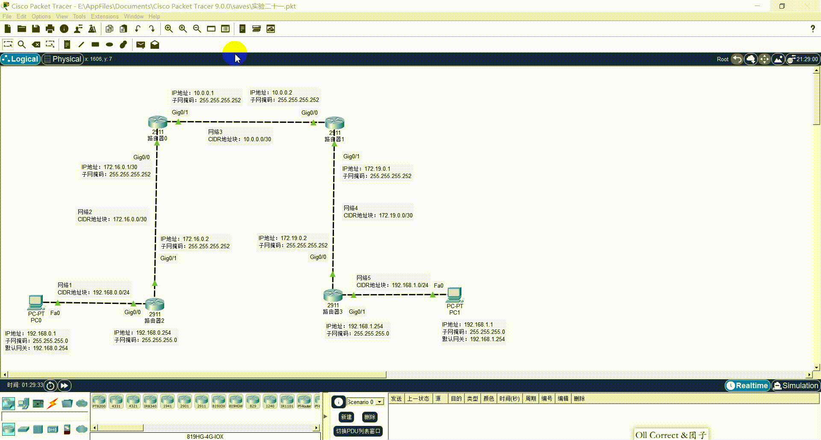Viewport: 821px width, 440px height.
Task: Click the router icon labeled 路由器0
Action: coord(157,122)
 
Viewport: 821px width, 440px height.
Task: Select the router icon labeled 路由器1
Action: coord(334,123)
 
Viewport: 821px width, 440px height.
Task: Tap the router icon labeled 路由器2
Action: coord(155,304)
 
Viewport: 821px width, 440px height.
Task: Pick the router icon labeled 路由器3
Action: coord(333,295)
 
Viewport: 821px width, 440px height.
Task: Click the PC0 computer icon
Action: coord(36,302)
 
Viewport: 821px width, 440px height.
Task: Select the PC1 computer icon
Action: coord(455,294)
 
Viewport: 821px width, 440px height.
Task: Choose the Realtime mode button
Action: coord(747,386)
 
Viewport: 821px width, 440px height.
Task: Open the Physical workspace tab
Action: coord(62,59)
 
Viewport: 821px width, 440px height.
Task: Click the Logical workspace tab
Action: coord(21,59)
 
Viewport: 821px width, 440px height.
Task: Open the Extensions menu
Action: coord(105,16)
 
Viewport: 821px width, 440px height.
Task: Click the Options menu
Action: coord(41,16)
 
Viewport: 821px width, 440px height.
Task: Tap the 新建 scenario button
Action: coord(346,417)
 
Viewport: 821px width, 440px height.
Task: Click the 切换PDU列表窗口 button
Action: coord(358,431)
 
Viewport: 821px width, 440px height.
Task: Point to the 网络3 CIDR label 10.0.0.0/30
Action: coord(257,139)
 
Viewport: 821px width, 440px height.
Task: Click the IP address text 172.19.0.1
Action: coord(377,169)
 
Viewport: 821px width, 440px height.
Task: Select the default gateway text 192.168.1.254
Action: coord(487,339)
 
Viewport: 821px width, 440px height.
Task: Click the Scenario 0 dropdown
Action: coord(365,402)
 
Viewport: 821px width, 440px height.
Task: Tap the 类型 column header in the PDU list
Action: coord(473,398)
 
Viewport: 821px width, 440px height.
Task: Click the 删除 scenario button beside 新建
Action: coord(369,417)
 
